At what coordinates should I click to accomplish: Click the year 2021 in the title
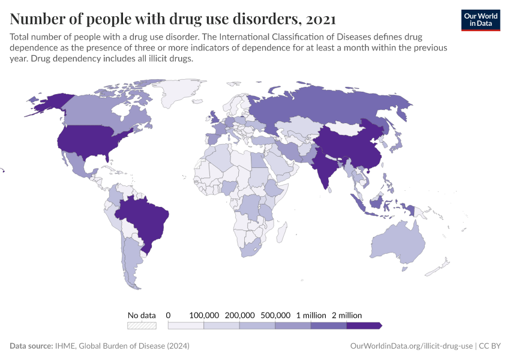tap(320, 19)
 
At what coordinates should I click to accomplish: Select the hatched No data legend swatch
tap(142, 325)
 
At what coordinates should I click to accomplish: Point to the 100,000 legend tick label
tap(204, 315)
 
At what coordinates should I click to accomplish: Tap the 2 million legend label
tap(346, 315)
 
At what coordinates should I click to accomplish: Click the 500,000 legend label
tap(275, 315)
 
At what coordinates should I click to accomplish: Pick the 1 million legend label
tap(310, 315)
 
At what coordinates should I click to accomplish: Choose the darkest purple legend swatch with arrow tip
tap(364, 325)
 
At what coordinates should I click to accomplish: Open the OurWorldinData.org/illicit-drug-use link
tap(411, 346)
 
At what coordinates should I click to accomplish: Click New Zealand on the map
tap(441, 267)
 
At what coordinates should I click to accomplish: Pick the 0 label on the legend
tap(168, 315)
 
